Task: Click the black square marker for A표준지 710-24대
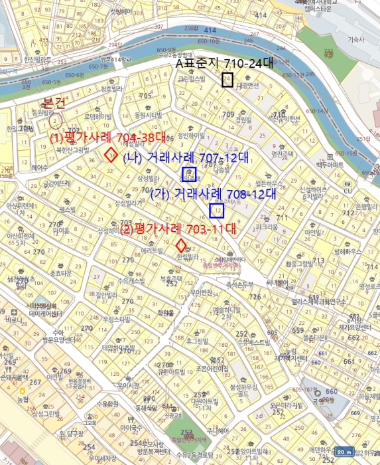click(227, 80)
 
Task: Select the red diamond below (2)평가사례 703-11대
click(180, 244)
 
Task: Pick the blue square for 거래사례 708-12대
click(217, 211)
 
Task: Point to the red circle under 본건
click(54, 121)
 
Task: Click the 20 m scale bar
click(344, 452)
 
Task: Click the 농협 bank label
click(23, 399)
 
